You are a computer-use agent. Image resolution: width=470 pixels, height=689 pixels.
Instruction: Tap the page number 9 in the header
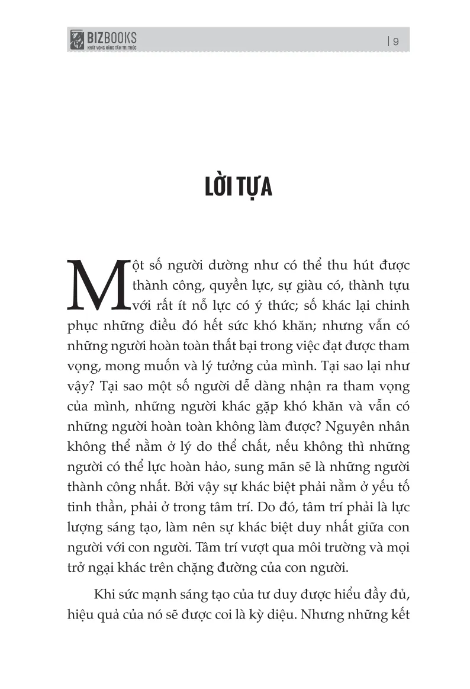[395, 41]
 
